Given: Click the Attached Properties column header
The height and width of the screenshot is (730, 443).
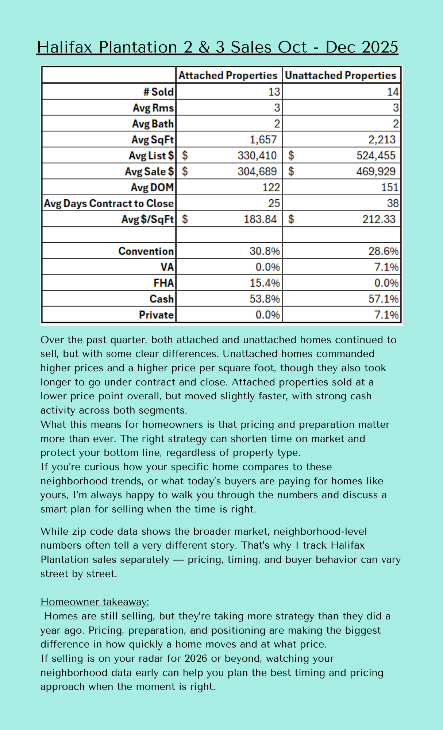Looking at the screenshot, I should tap(228, 76).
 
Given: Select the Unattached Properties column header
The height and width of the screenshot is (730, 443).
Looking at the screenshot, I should tap(340, 76).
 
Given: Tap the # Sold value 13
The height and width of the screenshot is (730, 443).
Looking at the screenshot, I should tap(274, 92).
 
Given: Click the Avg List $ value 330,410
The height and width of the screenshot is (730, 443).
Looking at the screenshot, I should tap(257, 155).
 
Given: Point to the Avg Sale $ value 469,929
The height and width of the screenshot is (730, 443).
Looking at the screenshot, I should tap(375, 172).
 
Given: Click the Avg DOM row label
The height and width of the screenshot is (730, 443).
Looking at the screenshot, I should tap(152, 188).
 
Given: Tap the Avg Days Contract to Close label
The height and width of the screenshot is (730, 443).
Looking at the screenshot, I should tap(109, 203).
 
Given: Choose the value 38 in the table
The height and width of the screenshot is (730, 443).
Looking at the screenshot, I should tap(392, 203).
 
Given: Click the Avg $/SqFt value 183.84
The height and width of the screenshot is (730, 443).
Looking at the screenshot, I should tap(260, 219).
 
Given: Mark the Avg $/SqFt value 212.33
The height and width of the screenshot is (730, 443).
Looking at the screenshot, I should tap(379, 219).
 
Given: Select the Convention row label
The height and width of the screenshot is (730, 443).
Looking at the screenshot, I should tap(146, 251).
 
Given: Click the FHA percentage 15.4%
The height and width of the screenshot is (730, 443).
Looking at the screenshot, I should tap(265, 283).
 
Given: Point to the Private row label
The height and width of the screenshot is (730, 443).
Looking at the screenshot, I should tap(156, 315).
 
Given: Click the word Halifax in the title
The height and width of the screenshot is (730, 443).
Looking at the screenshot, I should tap(65, 47).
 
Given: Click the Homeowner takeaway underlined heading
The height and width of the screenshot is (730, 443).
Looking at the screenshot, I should tap(95, 602).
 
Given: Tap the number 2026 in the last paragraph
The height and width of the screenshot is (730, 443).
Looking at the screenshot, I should tap(196, 658).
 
